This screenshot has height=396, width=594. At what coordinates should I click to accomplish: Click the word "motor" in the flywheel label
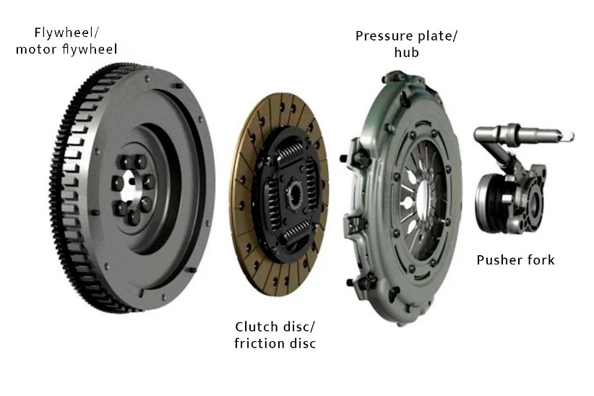click(41, 49)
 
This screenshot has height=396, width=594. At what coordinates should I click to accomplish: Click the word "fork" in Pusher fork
click(540, 259)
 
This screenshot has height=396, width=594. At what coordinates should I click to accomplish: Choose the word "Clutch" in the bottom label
click(256, 327)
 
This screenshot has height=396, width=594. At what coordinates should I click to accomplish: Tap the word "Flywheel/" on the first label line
click(66, 33)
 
